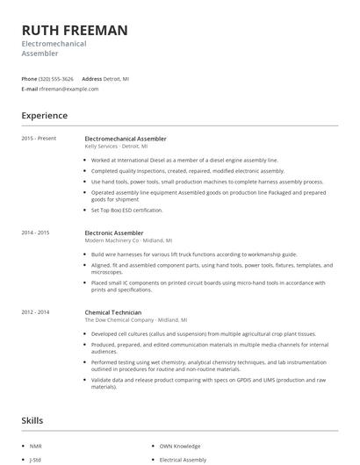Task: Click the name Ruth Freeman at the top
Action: point(75,30)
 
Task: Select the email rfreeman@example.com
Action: point(63,88)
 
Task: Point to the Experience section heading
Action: point(45,115)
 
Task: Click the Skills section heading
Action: point(32,422)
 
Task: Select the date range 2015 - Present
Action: point(38,139)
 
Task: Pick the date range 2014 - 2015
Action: point(35,232)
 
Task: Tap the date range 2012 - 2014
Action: point(35,311)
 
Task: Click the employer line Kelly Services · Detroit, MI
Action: point(117,147)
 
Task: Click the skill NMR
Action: point(35,447)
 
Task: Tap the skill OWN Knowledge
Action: point(181,447)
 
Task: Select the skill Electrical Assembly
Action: point(182,459)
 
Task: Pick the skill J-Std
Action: point(35,459)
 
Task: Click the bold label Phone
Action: point(30,78)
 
